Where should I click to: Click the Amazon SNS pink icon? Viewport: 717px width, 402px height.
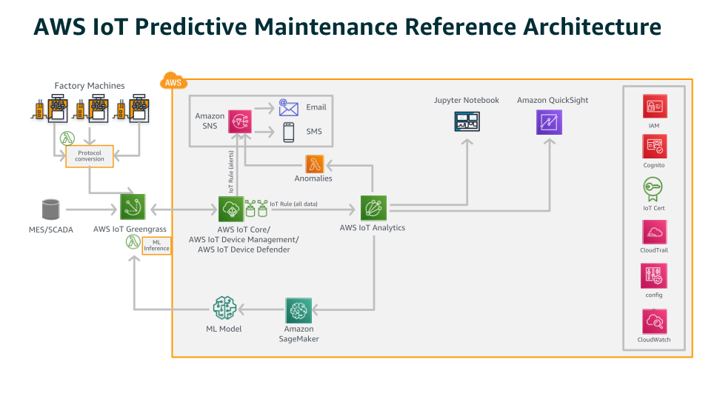[240, 121]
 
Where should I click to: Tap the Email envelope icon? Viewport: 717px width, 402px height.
[288, 107]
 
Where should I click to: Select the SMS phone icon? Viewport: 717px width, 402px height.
[288, 132]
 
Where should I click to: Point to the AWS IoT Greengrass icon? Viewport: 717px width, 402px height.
[133, 209]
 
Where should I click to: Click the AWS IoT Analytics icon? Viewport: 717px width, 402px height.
[373, 209]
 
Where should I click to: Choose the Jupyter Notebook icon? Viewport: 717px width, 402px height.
[467, 121]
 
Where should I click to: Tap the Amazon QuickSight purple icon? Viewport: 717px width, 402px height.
[549, 121]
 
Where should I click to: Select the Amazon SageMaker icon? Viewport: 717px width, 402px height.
[299, 309]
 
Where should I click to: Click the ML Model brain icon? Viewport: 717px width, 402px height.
[224, 309]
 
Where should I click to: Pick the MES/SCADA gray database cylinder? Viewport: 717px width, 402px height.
[50, 210]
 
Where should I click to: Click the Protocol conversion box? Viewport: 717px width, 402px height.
[90, 155]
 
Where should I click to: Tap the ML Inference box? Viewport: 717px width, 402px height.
[156, 246]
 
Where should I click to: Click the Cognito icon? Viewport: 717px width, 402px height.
[653, 147]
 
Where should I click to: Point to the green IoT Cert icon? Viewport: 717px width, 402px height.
[653, 190]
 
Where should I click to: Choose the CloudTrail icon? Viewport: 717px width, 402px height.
[653, 232]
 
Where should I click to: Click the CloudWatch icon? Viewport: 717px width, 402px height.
[653, 321]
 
